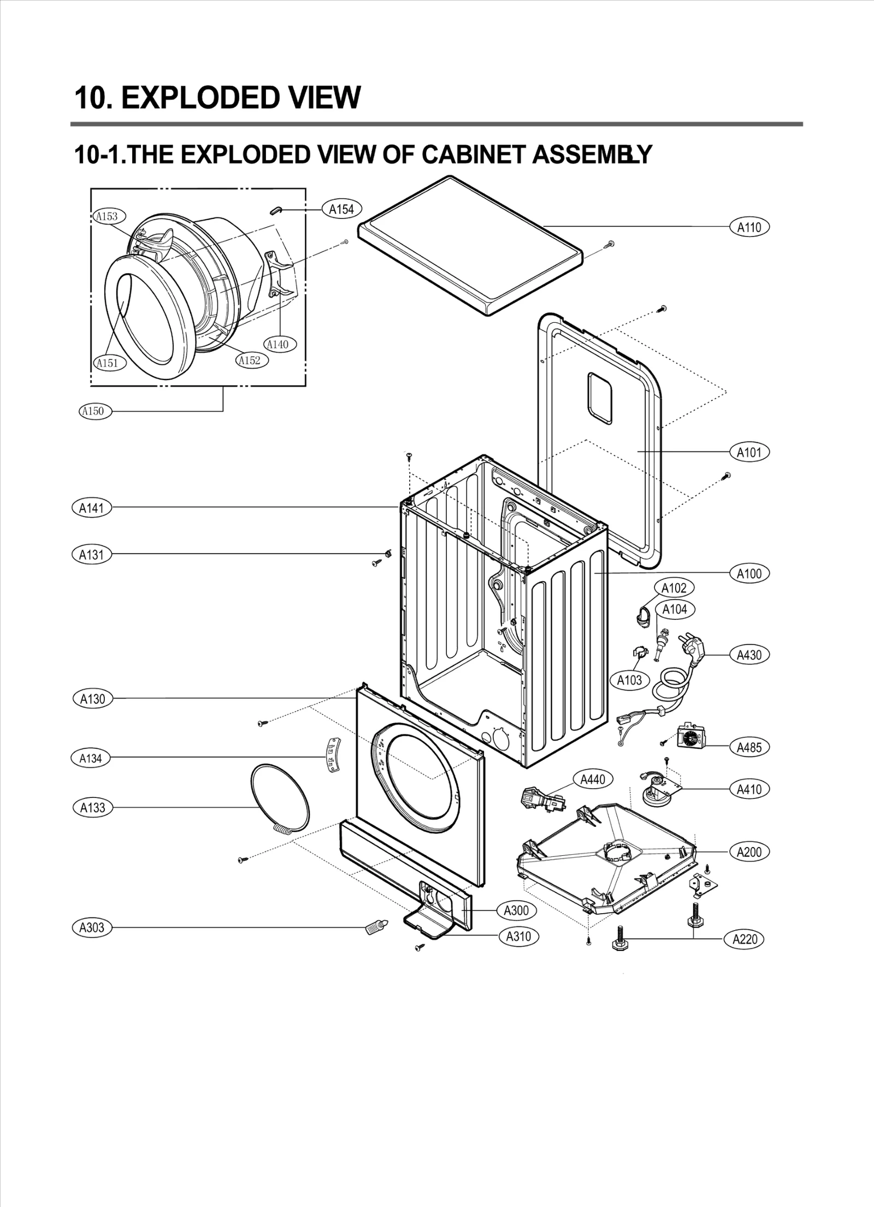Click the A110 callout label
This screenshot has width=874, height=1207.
click(x=749, y=227)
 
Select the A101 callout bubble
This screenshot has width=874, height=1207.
click(x=749, y=452)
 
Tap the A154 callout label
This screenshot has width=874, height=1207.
click(x=342, y=209)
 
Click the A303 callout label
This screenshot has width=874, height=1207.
click(x=92, y=927)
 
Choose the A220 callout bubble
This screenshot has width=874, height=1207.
click(x=745, y=939)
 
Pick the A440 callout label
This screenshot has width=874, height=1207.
click(x=593, y=779)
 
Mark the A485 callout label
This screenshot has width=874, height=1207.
click(x=749, y=747)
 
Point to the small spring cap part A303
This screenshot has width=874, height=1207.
click(x=375, y=927)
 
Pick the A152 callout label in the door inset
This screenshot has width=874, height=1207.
click(x=252, y=360)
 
